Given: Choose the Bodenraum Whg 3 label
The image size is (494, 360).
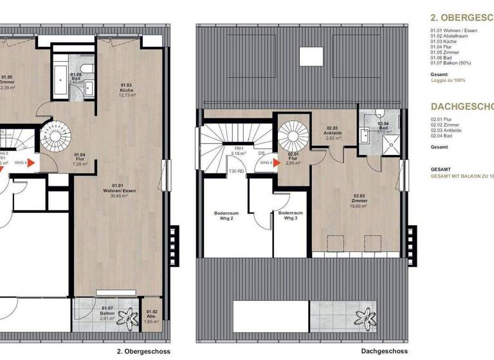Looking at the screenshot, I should (x=291, y=217).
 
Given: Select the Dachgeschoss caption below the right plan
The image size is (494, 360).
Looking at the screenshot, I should (x=384, y=352).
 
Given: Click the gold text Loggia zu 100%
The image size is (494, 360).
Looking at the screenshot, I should (x=448, y=80).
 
